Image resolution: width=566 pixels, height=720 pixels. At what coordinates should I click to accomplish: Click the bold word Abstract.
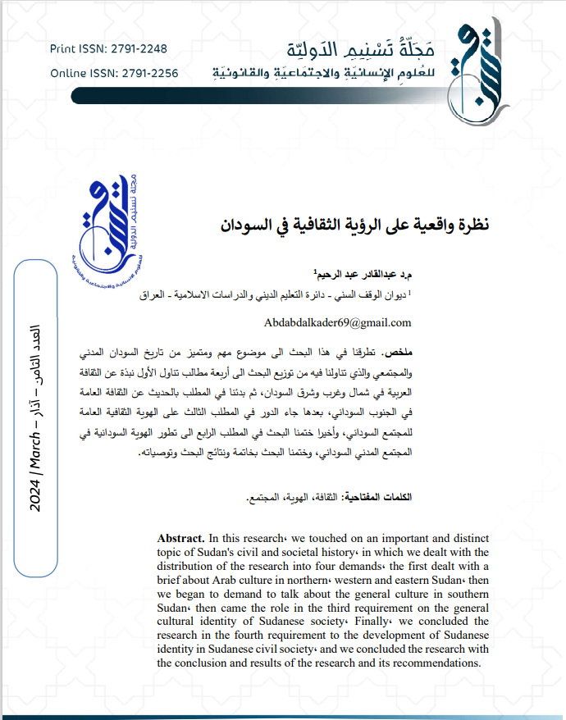(x=180, y=538)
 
